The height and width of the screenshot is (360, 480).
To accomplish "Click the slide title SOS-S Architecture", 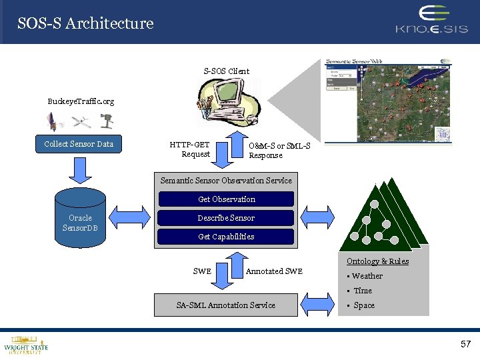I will [85, 23].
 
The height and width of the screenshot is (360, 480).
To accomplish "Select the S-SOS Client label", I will [227, 71].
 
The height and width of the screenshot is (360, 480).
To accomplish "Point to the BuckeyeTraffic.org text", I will [81, 101].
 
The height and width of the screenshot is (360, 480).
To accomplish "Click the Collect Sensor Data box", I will [79, 144].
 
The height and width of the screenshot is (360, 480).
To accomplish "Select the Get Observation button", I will [226, 199].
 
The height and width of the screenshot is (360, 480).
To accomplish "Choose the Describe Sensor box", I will [226, 218].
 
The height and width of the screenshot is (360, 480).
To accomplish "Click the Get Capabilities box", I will [226, 237].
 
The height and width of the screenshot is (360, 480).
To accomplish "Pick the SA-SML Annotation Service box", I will [225, 305].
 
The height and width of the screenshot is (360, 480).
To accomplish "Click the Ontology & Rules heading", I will [377, 261].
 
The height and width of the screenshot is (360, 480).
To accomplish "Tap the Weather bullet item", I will [367, 276].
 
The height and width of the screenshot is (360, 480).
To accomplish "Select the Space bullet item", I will [364, 305].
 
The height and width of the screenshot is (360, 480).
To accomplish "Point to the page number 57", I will [465, 344].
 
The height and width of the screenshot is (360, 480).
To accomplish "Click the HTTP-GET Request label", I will [190, 149].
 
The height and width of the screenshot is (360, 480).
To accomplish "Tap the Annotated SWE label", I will [274, 271].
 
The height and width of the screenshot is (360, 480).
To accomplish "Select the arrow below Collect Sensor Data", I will [79, 170].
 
